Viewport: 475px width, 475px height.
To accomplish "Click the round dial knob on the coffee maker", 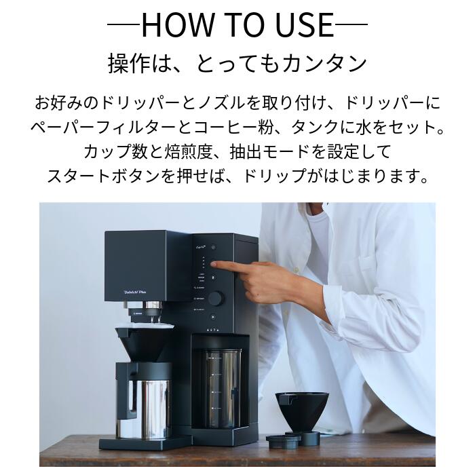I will [215, 298].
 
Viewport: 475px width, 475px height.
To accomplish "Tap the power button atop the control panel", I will [213, 248].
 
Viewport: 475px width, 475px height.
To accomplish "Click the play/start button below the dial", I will [213, 317].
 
